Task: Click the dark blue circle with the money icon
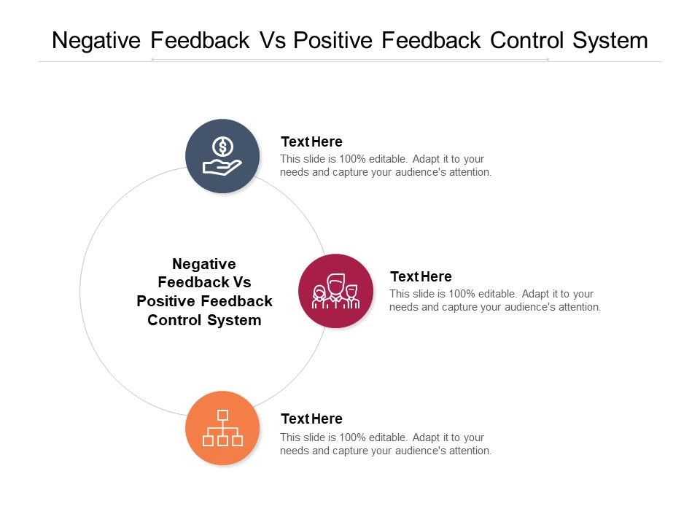[222, 156]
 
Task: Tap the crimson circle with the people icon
[335, 291]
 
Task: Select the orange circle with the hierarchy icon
[222, 428]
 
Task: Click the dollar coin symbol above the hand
[222, 147]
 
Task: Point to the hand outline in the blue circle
[221, 168]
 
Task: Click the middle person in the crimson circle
[335, 288]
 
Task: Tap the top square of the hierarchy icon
[222, 415]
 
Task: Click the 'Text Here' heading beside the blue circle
[311, 141]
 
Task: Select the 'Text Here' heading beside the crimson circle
[421, 276]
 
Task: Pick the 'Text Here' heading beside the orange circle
[311, 419]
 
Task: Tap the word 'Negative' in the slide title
[96, 40]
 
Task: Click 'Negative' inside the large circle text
[204, 264]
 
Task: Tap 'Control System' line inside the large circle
[204, 320]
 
